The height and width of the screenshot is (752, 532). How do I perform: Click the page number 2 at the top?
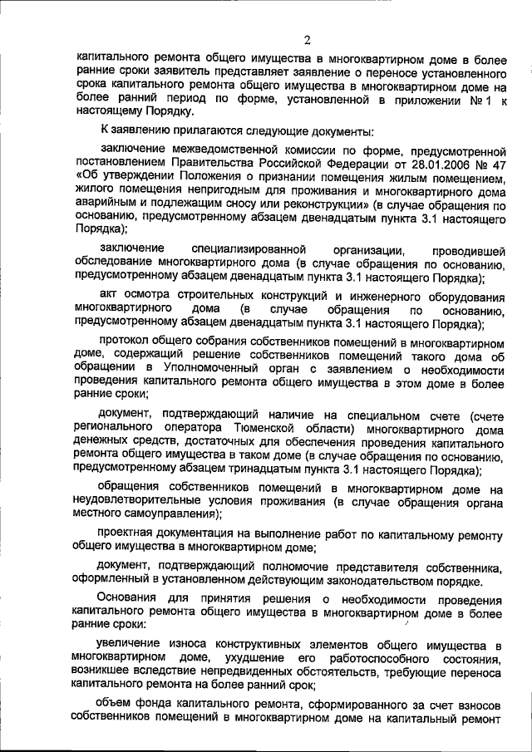pos(307,40)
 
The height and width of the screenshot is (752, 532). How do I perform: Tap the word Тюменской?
pos(286,428)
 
